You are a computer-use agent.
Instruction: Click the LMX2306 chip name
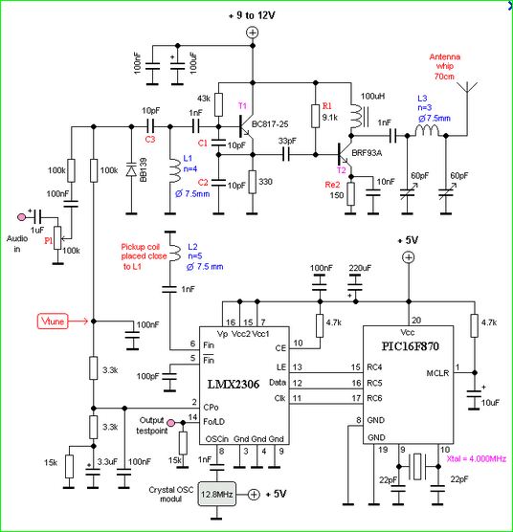(234, 384)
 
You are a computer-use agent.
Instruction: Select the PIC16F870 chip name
(411, 346)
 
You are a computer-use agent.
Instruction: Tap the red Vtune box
(53, 321)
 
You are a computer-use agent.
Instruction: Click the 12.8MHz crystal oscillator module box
(217, 494)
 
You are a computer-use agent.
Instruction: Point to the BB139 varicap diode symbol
(131, 169)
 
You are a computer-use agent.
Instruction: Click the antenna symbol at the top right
(467, 86)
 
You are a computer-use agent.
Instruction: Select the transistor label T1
(242, 106)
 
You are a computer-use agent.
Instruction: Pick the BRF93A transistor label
(367, 153)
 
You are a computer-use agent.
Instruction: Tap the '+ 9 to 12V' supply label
(252, 15)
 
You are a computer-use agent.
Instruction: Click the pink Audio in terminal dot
(21, 217)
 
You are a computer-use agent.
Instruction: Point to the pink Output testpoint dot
(171, 423)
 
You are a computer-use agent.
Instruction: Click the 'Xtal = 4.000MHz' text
(477, 459)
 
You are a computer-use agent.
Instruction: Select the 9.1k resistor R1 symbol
(316, 116)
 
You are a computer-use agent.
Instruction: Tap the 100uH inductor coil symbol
(356, 116)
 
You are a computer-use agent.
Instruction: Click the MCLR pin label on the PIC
(437, 373)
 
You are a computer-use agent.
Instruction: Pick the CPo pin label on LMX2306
(211, 408)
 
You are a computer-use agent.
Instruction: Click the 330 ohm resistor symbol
(252, 182)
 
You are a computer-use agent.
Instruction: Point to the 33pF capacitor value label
(287, 141)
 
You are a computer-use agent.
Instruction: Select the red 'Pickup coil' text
(141, 247)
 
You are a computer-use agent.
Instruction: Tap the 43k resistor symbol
(218, 104)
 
